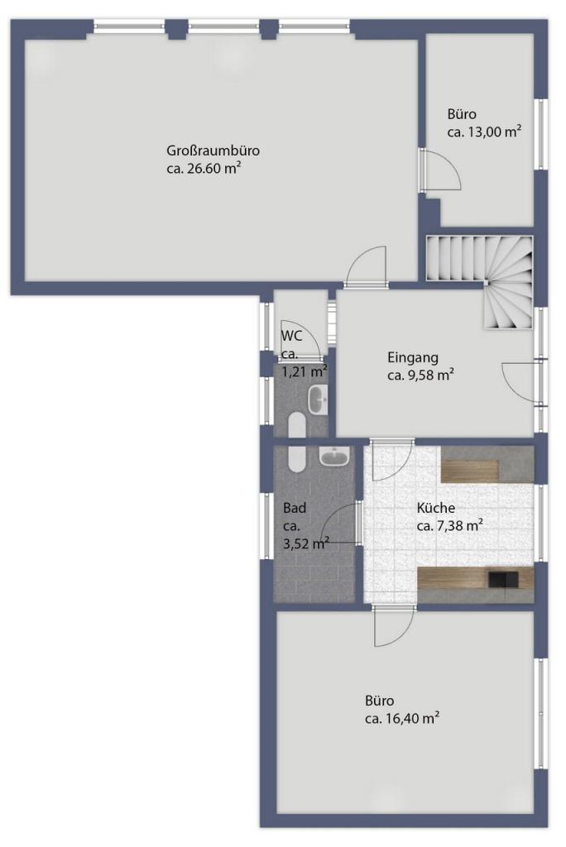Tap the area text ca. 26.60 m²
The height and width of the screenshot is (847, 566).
pyautogui.click(x=204, y=168)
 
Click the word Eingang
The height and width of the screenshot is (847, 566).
pyautogui.click(x=412, y=357)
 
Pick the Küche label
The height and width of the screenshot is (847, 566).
pyautogui.click(x=436, y=508)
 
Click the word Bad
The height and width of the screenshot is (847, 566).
pyautogui.click(x=295, y=508)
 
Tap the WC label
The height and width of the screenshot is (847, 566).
pyautogui.click(x=291, y=336)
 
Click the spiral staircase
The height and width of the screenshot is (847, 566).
pyautogui.click(x=480, y=281)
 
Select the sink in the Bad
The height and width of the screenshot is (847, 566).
pyautogui.click(x=334, y=457)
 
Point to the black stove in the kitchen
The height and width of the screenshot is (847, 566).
pyautogui.click(x=503, y=580)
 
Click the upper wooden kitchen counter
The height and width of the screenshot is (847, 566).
pyautogui.click(x=470, y=471)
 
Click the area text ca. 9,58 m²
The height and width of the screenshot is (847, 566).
pyautogui.click(x=420, y=375)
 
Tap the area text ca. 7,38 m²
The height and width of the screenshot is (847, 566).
pyautogui.click(x=450, y=525)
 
